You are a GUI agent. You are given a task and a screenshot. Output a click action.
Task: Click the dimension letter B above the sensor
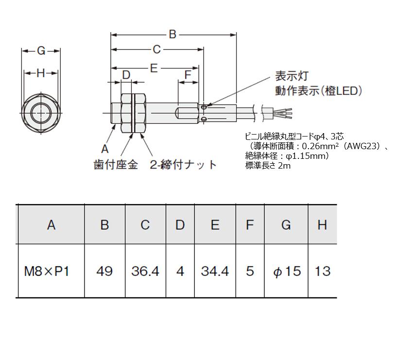point(172,34)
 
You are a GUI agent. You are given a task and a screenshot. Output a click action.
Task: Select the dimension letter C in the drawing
point(156,50)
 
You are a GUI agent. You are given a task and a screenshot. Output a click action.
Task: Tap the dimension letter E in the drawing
point(154,69)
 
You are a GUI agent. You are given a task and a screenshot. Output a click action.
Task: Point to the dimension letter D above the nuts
point(126,75)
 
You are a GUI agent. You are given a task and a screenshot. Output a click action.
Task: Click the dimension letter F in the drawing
point(188,75)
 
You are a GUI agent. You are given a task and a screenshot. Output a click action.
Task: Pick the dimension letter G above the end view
point(41,51)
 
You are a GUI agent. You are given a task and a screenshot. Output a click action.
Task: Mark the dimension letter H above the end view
point(41,73)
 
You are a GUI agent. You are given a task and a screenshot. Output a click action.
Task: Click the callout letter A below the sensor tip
point(104,149)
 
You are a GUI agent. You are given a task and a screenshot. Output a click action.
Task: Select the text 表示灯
point(292,76)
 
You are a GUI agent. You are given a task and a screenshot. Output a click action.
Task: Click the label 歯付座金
point(116,165)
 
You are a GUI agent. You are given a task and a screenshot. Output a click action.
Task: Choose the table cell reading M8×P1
point(47,271)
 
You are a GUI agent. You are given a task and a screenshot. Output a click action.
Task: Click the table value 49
point(104,271)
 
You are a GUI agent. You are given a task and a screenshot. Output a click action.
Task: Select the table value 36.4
point(145,271)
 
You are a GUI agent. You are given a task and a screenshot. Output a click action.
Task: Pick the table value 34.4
point(215,271)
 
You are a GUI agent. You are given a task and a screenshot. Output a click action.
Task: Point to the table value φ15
point(286,271)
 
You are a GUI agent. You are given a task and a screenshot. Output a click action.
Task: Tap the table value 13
point(323,271)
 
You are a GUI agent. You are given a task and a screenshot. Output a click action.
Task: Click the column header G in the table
point(286,225)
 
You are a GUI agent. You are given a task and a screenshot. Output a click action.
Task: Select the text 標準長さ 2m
point(268,165)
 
